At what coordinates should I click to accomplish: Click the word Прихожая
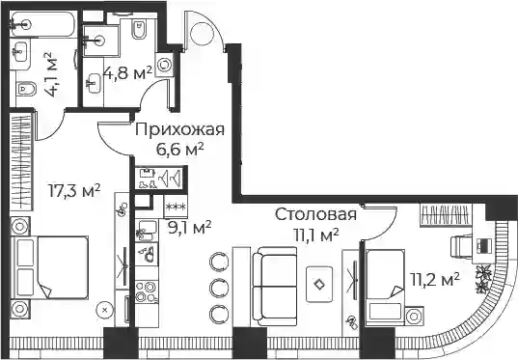(x=179, y=129)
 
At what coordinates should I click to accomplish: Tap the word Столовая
(x=315, y=214)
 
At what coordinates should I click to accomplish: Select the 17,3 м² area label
(x=74, y=191)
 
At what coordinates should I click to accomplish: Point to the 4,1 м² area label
(x=50, y=73)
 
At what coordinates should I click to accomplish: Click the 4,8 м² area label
(x=127, y=73)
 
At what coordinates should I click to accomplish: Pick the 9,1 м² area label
(x=190, y=228)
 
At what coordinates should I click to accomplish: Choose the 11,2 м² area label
(x=434, y=279)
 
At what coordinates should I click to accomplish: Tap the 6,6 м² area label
(x=179, y=150)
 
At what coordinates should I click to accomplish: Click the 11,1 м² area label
(x=316, y=235)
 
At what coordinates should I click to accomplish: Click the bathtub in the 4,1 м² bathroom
(x=42, y=24)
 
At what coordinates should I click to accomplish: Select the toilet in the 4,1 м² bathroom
(x=26, y=88)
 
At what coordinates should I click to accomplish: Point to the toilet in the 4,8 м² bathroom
(x=139, y=29)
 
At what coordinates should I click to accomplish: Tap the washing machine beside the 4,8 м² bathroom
(x=164, y=65)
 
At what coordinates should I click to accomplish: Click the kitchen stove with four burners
(x=147, y=291)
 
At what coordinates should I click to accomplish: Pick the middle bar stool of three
(x=218, y=287)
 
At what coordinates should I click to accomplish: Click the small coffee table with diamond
(x=319, y=285)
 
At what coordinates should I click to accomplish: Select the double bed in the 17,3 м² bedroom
(x=49, y=267)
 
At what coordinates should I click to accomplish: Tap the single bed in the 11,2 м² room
(x=385, y=288)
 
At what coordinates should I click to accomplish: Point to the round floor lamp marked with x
(x=105, y=310)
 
